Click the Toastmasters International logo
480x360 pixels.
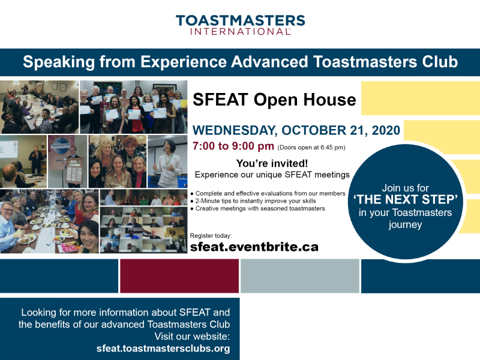pos(241,25)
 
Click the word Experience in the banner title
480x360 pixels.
pos(184,62)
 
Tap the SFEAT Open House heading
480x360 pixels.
pos(274,100)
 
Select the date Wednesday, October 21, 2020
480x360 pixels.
pos(296,130)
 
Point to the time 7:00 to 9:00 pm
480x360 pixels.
pos(233,146)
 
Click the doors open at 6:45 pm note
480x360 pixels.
pos(311,148)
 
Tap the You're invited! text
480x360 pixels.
pos(272,163)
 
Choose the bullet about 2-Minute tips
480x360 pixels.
pos(253,201)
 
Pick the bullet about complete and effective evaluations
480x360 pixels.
pos(268,193)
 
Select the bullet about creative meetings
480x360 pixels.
pos(257,208)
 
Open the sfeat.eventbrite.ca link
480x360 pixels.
pos(254,247)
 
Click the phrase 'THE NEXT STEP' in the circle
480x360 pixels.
pos(406,200)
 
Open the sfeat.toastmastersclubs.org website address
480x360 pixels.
pos(163,349)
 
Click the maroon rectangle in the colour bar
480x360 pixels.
pos(179,276)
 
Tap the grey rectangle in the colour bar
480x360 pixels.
pos(299,276)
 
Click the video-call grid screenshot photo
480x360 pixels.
pos(143,230)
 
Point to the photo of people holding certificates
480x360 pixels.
pos(133,107)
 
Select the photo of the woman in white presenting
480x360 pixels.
pos(167,161)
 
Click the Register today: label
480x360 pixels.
pos(211,236)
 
